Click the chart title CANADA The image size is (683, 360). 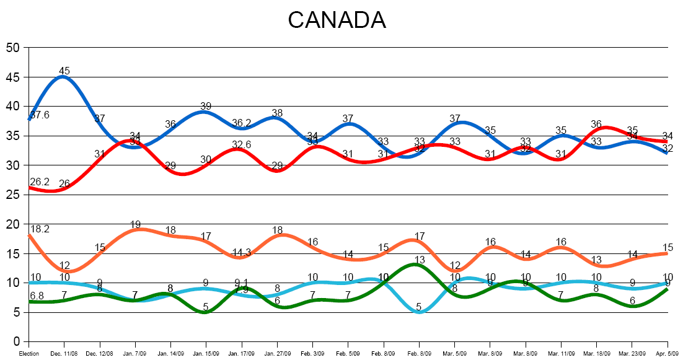tap(337, 20)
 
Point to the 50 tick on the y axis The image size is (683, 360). tap(13, 48)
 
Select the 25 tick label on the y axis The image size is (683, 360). tap(13, 195)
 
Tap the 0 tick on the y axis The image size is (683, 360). tap(17, 342)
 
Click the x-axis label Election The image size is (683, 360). tap(29, 354)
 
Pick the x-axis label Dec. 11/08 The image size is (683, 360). tap(64, 354)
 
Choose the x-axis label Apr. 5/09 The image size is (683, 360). tap(668, 354)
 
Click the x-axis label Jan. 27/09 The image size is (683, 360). tap(277, 354)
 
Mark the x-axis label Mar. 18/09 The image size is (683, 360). tap(596, 354)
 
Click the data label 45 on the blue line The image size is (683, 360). tap(64, 71)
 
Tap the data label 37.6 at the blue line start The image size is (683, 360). tap(40, 114)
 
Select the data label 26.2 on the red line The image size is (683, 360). tap(40, 182)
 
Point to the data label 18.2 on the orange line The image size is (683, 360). tap(40, 229)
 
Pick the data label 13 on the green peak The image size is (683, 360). tap(420, 260)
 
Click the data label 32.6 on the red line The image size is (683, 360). tap(242, 144)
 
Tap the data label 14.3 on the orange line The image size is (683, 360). tap(242, 252)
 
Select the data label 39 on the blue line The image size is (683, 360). tap(206, 107)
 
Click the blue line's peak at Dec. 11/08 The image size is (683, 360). tap(64, 77)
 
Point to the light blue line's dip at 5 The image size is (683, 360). tap(420, 312)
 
